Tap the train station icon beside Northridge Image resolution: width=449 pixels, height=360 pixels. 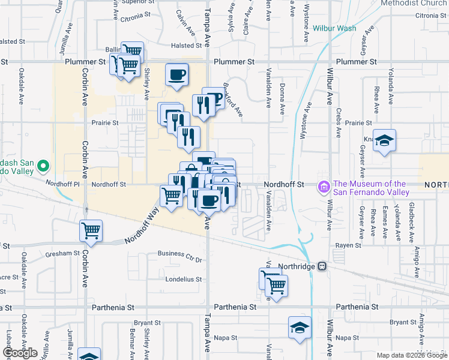point(322,266)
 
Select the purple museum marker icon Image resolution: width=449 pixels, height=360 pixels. point(325,188)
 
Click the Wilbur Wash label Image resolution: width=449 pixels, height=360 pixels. point(334,28)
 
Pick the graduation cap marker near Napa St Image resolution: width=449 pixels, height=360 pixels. point(300,328)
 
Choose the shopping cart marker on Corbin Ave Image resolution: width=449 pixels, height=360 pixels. point(91,230)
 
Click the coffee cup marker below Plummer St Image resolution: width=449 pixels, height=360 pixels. point(176,75)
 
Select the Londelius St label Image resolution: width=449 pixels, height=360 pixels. point(179,280)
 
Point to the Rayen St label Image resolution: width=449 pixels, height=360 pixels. point(348,245)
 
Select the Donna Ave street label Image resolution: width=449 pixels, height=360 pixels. point(282,98)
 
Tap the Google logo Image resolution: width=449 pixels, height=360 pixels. point(20,353)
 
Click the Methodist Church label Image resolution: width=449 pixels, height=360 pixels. point(414,3)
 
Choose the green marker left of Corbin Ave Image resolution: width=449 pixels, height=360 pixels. point(43,166)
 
